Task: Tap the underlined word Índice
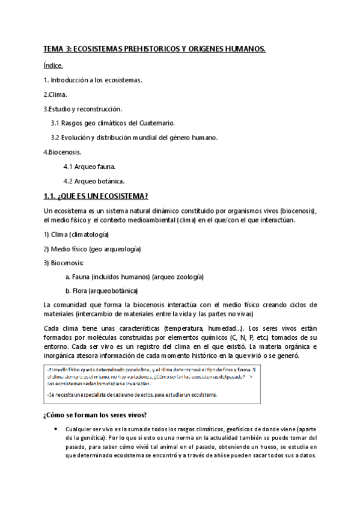coord(53,64)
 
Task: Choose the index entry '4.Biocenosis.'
coord(63,152)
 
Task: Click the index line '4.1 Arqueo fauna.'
coord(90,167)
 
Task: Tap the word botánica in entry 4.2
coord(109,181)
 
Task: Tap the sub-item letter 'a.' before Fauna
coord(68,277)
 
